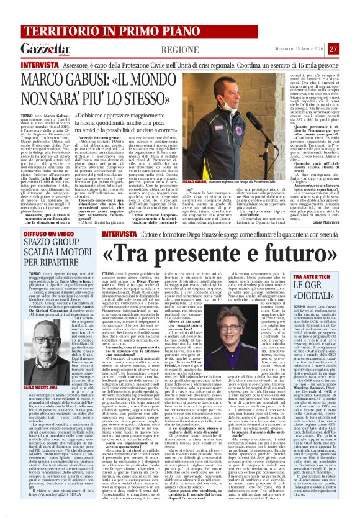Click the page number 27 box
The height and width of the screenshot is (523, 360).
351,48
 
